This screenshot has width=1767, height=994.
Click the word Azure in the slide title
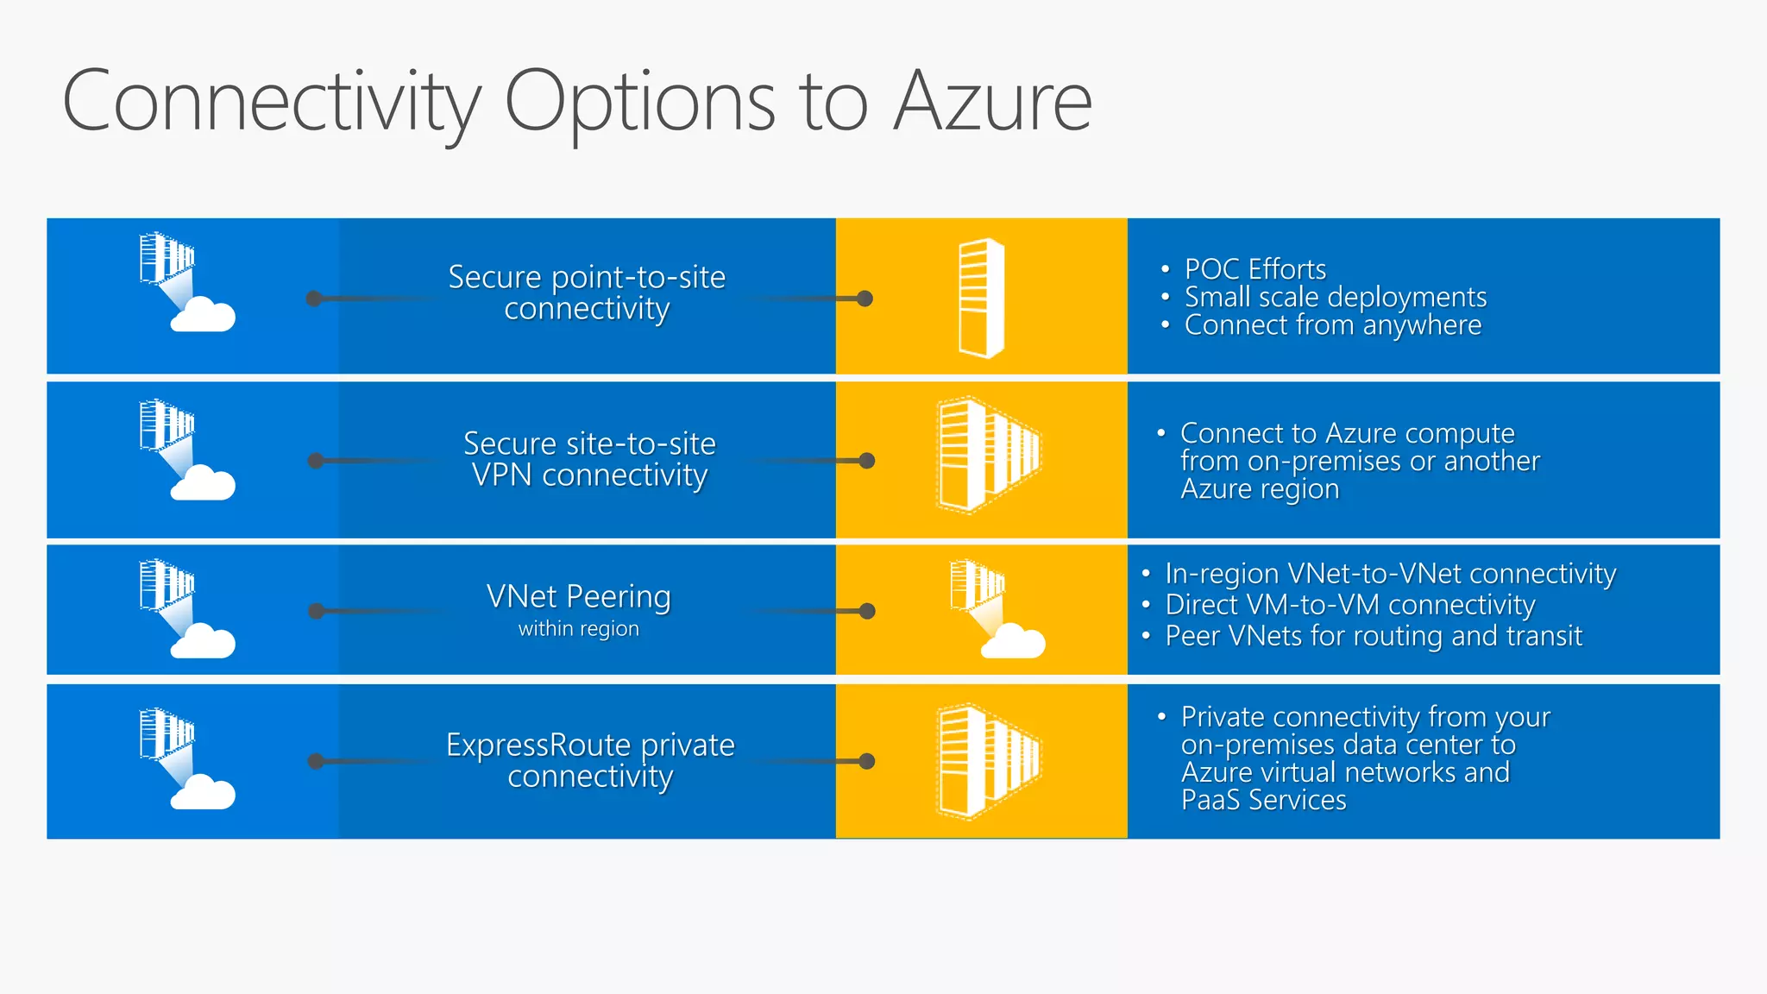[993, 102]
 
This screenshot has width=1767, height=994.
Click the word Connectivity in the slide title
[270, 102]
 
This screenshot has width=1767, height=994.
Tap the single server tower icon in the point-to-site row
[981, 298]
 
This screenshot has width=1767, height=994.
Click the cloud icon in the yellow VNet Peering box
[1015, 642]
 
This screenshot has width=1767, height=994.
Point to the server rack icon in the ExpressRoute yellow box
[987, 760]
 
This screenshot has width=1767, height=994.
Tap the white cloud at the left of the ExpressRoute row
[203, 793]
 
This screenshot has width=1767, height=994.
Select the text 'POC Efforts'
[1255, 269]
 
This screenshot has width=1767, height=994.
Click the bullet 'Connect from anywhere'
[1332, 325]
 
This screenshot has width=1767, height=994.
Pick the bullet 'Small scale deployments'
[1335, 297]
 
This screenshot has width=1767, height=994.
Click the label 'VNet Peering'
[578, 596]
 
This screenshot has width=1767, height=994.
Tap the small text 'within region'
[578, 629]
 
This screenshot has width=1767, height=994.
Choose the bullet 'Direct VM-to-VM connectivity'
[1349, 605]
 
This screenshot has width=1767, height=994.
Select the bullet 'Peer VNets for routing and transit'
[1373, 636]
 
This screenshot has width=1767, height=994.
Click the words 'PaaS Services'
[1263, 800]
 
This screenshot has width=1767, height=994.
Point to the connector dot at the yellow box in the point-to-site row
[865, 299]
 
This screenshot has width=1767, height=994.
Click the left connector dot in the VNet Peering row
[317, 611]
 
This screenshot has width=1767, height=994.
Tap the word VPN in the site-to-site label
[501, 475]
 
